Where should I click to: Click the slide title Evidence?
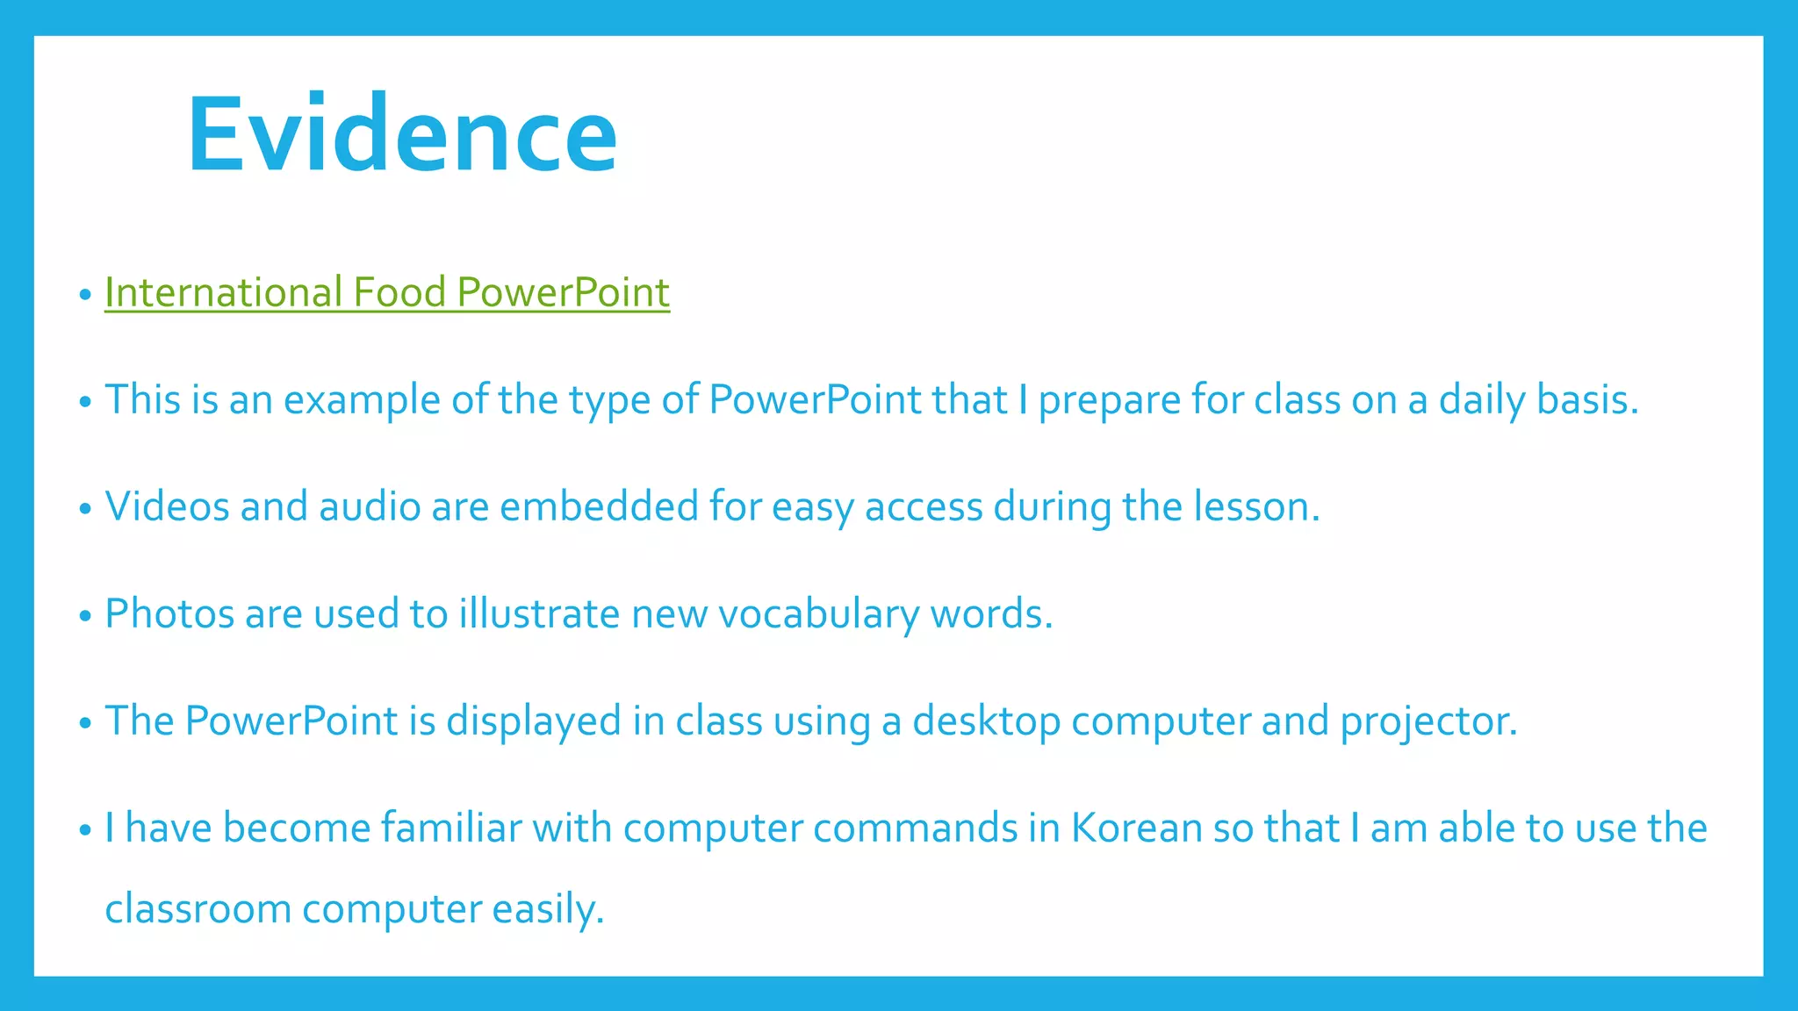coord(402,134)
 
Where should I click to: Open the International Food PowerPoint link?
coord(386,292)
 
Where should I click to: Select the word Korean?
coord(1136,828)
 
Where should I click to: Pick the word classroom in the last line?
coord(198,908)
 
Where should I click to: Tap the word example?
coord(362,401)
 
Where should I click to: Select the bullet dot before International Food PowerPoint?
coord(85,295)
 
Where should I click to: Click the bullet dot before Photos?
coord(85,616)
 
